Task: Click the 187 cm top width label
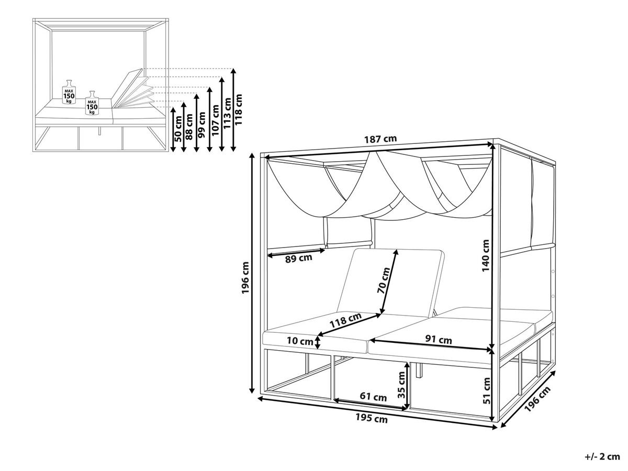(380, 139)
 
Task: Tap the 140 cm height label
(486, 255)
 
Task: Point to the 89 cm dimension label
(298, 259)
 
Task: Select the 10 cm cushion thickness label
(299, 341)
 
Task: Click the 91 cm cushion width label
(438, 340)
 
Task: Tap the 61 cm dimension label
(373, 397)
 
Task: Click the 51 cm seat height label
(486, 391)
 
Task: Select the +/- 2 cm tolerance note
(602, 457)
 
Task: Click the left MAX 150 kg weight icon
(69, 93)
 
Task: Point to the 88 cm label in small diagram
(189, 126)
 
